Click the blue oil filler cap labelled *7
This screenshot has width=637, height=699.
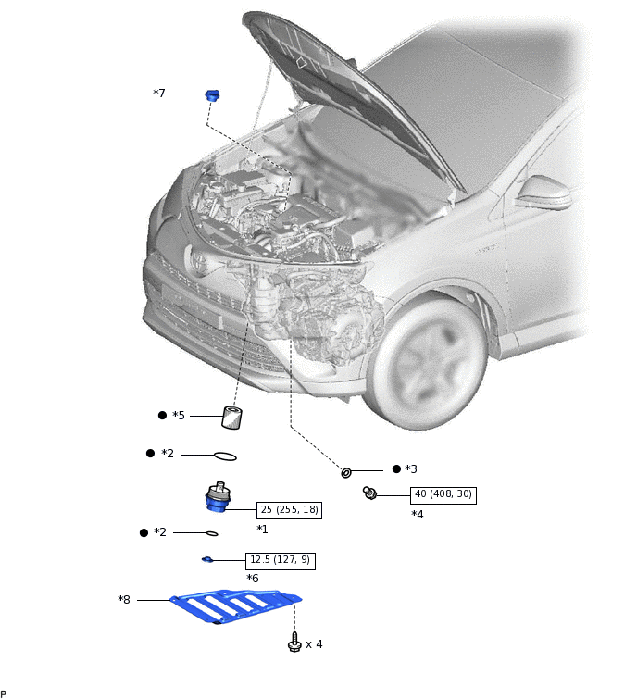(213, 95)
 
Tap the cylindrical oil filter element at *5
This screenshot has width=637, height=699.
(231, 418)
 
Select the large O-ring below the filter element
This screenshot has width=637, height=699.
(225, 457)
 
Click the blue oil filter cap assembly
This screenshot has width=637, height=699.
(218, 497)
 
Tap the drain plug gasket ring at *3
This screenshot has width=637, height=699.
(346, 472)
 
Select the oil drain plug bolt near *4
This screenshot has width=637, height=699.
(369, 493)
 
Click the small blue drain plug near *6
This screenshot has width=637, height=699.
(207, 559)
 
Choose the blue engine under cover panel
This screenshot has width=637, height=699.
(235, 605)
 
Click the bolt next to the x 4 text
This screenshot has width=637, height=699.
(294, 642)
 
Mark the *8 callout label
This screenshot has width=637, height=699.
(124, 600)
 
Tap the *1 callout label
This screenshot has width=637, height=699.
(262, 530)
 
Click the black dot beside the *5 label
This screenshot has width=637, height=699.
(162, 415)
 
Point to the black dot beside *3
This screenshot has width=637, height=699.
(396, 468)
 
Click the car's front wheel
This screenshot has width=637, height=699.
(427, 362)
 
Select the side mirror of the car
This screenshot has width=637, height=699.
(543, 193)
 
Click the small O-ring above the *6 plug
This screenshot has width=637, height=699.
(212, 533)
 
